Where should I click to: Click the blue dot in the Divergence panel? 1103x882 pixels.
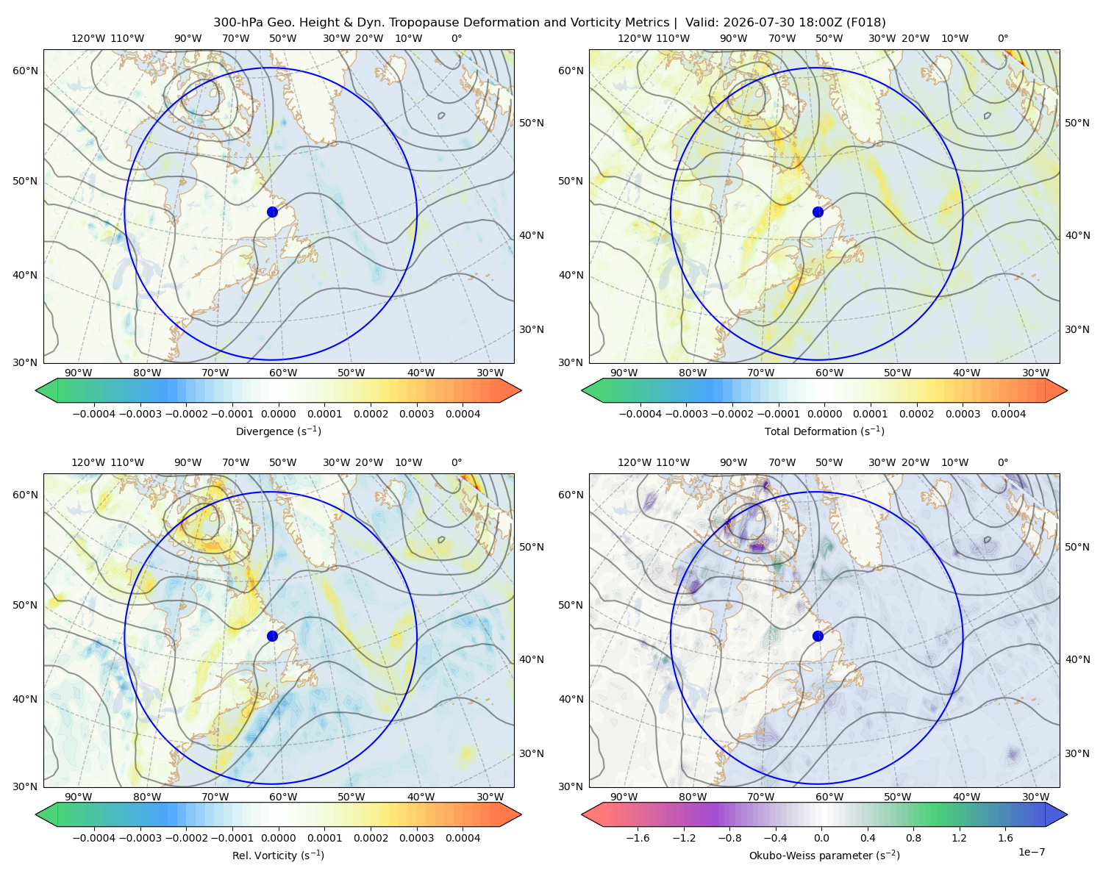coord(272,212)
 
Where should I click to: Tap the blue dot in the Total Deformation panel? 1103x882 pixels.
coord(818,212)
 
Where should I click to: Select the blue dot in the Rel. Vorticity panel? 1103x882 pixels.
coord(272,636)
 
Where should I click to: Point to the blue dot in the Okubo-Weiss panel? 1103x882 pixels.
coord(818,636)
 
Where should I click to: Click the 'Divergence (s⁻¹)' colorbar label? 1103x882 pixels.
coord(278,431)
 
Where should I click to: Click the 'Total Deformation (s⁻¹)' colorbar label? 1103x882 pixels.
coord(824,431)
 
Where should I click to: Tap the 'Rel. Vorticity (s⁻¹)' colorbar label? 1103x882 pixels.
coord(278,855)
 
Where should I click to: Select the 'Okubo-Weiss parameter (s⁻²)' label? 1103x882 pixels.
coord(824,855)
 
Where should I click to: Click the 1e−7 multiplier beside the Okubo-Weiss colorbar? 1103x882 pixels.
coord(1031,852)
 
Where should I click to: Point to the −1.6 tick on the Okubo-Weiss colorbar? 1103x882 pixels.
coord(638,837)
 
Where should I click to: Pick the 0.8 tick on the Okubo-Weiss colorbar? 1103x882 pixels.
coord(913,837)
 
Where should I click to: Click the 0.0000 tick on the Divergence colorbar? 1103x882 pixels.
coord(278,414)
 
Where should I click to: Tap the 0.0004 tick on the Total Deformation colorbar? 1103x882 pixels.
coord(1008,414)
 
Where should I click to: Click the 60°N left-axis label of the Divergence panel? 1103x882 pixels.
coord(25,71)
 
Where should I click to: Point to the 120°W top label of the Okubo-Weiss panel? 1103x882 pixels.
coord(634,462)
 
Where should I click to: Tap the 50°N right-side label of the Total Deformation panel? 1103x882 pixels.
coord(1077,123)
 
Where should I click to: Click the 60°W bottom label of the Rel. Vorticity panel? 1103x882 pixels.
coord(283,797)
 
